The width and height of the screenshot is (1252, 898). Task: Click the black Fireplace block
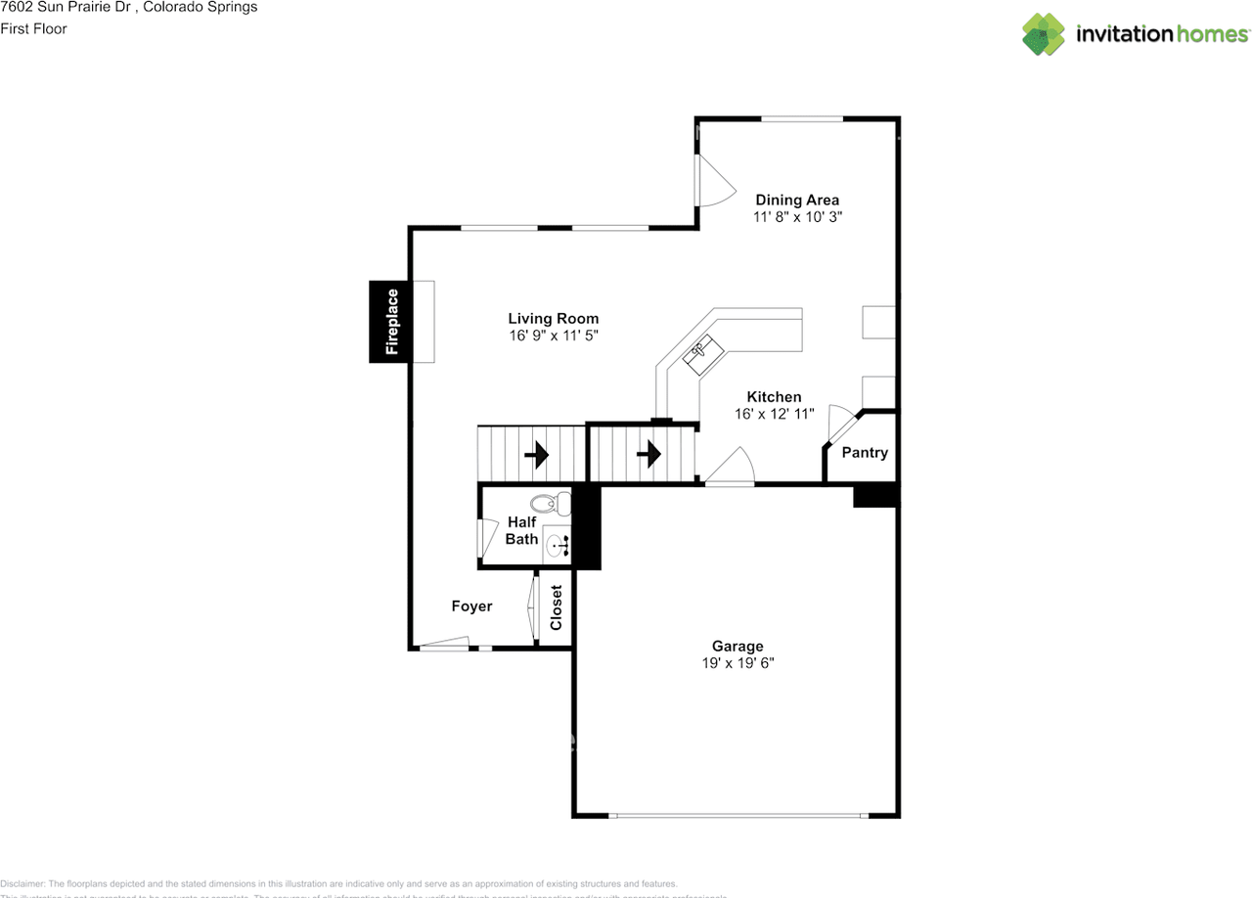[x=389, y=322]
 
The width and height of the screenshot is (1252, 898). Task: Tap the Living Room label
[x=553, y=319]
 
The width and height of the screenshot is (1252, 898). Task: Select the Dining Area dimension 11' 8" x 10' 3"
[x=797, y=218]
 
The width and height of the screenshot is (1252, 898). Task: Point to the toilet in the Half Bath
[x=553, y=504]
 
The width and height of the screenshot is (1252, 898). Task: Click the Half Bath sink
[x=557, y=546]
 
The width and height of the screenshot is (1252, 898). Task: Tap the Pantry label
[x=865, y=452]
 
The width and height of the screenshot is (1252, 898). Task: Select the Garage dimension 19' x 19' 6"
[x=738, y=663]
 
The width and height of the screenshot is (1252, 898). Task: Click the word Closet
[x=557, y=607]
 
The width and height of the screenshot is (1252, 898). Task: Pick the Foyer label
[x=471, y=606]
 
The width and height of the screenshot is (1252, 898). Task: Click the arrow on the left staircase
[x=536, y=455]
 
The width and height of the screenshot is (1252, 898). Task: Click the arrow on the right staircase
[x=648, y=454]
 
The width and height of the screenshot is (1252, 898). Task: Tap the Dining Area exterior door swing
[x=713, y=183]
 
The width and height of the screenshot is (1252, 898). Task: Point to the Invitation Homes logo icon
[x=1043, y=34]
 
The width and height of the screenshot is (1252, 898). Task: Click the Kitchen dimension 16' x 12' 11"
[x=774, y=415]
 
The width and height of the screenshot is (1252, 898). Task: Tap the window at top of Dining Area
[x=802, y=119]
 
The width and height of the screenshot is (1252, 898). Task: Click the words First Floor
[x=33, y=29]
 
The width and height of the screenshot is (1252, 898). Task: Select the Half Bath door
[x=485, y=537]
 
